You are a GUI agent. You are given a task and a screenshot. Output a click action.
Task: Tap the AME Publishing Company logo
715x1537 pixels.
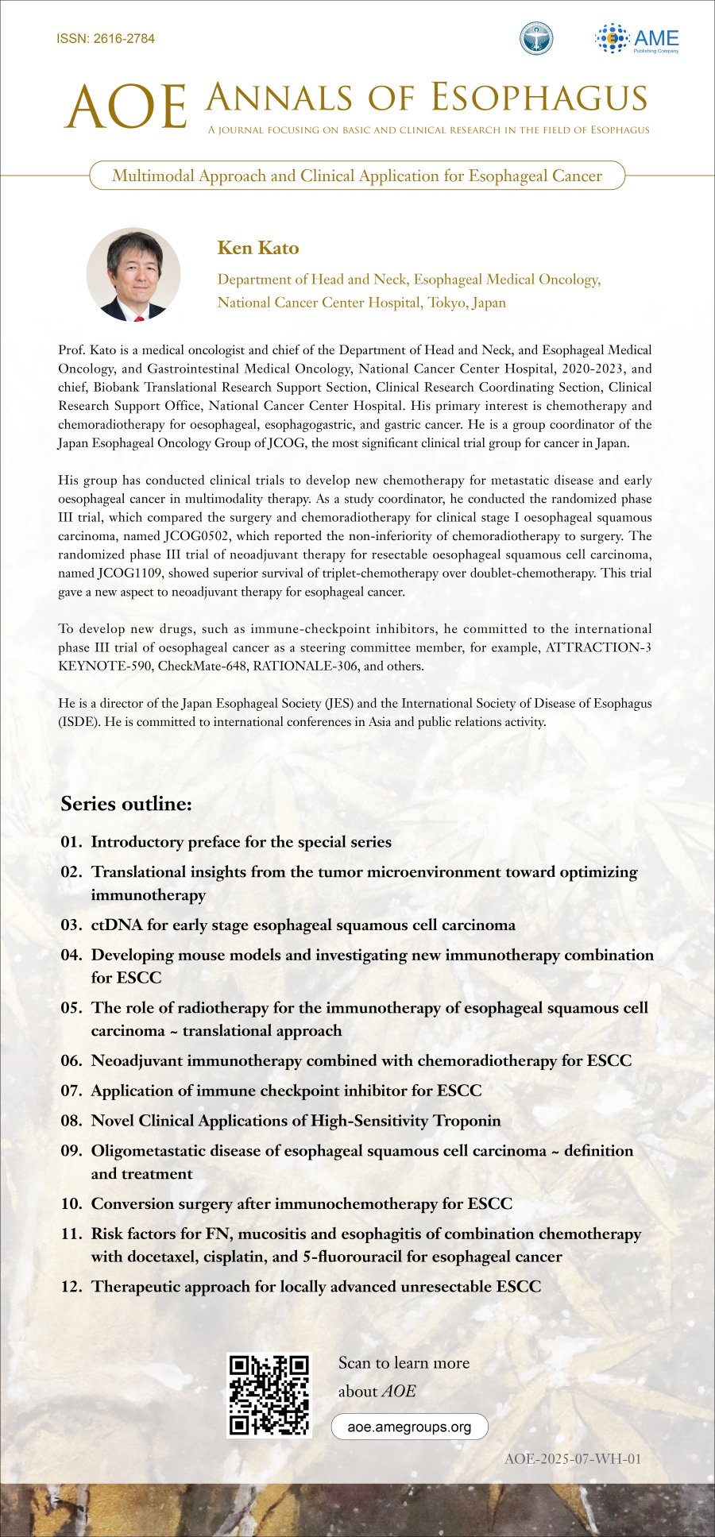point(637,39)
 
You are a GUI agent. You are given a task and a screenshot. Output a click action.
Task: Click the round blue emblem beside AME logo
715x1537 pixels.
point(536,39)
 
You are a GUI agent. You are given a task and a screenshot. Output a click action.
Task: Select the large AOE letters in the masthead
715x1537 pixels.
point(126,107)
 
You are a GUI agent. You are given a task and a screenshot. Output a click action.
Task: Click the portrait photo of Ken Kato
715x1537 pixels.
point(133,275)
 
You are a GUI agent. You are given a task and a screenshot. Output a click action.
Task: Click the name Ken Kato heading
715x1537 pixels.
point(258,248)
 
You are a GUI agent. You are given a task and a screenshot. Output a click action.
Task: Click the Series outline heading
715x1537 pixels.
point(126,804)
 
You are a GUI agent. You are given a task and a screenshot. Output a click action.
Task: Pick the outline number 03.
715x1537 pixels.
point(71,925)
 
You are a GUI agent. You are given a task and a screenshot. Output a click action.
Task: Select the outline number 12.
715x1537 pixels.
point(71,1286)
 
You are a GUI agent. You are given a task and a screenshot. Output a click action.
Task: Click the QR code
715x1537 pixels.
point(269,1394)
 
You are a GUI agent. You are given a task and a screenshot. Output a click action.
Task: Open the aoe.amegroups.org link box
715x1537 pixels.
point(409,1427)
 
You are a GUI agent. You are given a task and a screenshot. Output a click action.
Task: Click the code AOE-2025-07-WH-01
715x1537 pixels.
point(572,1458)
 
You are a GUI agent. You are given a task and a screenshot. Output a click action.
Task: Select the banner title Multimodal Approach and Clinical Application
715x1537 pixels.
point(357,176)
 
